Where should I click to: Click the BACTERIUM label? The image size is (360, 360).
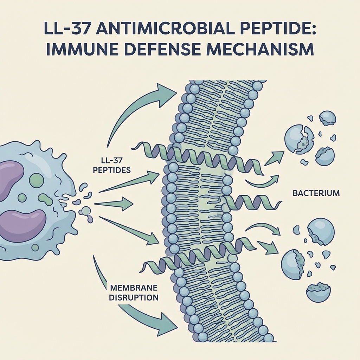[316, 193]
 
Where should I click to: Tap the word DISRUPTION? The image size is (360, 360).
[133, 297]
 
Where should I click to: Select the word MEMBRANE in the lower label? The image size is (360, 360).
[133, 288]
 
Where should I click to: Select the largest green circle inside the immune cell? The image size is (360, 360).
[37, 180]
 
